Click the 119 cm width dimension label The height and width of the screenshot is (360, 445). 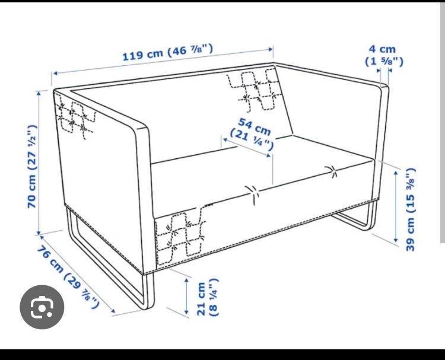pos(167,52)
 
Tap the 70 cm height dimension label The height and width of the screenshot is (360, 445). pos(32,167)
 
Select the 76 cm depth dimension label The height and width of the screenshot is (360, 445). pos(68,276)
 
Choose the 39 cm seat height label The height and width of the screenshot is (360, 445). pos(411,209)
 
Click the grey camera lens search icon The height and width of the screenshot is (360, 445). pos(42,307)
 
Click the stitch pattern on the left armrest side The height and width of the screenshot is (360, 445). pos(74,117)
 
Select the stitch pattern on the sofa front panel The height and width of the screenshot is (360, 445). pos(180,235)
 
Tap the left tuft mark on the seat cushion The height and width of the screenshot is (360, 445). pos(253,195)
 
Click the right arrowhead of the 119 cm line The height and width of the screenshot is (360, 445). pos(271,49)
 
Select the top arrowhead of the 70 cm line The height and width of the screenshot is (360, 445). pos(39,93)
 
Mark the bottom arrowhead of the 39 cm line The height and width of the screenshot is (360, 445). pos(396,241)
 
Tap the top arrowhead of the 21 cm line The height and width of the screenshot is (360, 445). pos(186,281)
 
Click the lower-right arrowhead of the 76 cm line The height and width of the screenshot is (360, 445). pos(113,311)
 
